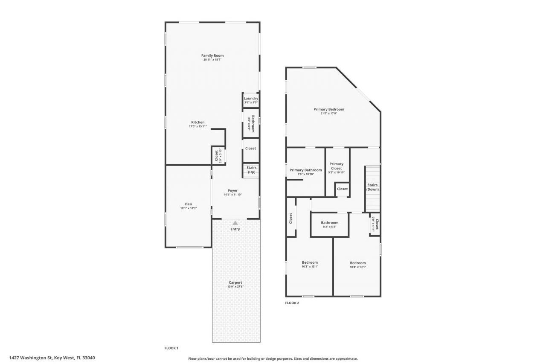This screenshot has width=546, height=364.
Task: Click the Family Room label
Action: pyautogui.click(x=212, y=55)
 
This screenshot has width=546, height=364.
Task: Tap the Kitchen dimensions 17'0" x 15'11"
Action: pyautogui.click(x=197, y=127)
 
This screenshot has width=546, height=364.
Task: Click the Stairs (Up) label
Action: pyautogui.click(x=251, y=170)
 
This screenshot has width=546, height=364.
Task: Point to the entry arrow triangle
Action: pyautogui.click(x=235, y=223)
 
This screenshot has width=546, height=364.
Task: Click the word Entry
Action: pyautogui.click(x=235, y=229)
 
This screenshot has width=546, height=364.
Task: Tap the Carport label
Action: pyautogui.click(x=235, y=282)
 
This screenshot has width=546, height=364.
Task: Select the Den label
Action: pyautogui.click(x=189, y=204)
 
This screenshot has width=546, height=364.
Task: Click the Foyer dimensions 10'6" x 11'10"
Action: pyautogui.click(x=232, y=195)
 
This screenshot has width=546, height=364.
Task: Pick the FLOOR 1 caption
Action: pyautogui.click(x=171, y=348)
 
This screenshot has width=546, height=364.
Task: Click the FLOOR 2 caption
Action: pyautogui.click(x=292, y=303)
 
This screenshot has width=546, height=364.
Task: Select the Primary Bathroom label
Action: pyautogui.click(x=305, y=170)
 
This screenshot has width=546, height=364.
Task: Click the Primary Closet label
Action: pyautogui.click(x=336, y=166)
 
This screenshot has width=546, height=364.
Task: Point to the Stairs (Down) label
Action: pyautogui.click(x=372, y=187)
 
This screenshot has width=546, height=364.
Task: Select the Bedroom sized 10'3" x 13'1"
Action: pyautogui.click(x=310, y=262)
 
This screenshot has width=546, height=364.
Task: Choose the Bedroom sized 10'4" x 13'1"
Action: pyautogui.click(x=357, y=263)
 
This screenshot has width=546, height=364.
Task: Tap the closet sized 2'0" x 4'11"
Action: pyautogui.click(x=375, y=224)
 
